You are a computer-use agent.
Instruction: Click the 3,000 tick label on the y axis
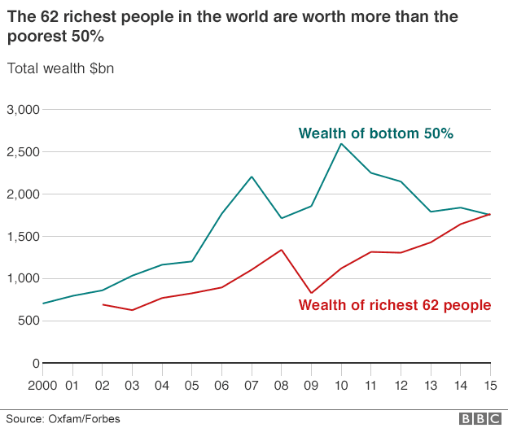(23, 110)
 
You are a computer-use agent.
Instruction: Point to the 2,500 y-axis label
(23, 152)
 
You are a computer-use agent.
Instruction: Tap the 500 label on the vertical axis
(28, 321)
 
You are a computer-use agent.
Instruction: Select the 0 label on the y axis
(36, 363)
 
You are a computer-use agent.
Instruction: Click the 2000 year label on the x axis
(42, 386)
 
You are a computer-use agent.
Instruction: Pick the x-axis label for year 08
(281, 386)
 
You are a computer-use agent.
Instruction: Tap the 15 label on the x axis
(490, 386)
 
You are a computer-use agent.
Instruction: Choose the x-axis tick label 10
(341, 386)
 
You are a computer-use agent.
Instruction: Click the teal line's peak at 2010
(341, 144)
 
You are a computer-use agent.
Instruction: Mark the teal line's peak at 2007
(252, 177)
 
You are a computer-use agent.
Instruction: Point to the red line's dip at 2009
(311, 293)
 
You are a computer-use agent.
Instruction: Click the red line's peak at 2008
(281, 250)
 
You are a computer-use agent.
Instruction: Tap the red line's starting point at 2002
(103, 304)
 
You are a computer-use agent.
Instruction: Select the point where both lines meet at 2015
(490, 214)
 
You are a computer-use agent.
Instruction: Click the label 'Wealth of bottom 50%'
(376, 133)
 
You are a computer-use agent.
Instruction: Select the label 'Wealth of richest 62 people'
(395, 305)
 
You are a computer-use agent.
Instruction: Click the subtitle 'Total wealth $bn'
(60, 68)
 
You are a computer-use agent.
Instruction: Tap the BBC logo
(480, 419)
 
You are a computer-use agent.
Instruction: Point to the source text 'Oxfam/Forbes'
(84, 419)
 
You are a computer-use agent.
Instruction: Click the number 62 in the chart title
(49, 16)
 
